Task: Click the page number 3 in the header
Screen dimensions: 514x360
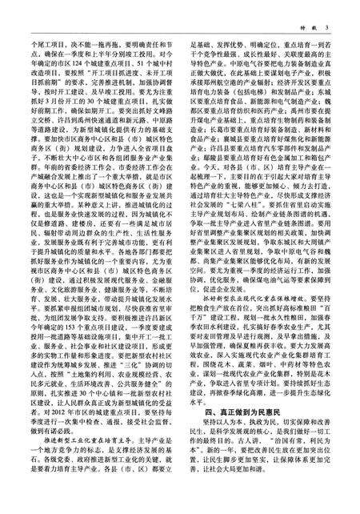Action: tap(339, 9)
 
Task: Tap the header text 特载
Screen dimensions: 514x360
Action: tap(317, 9)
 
